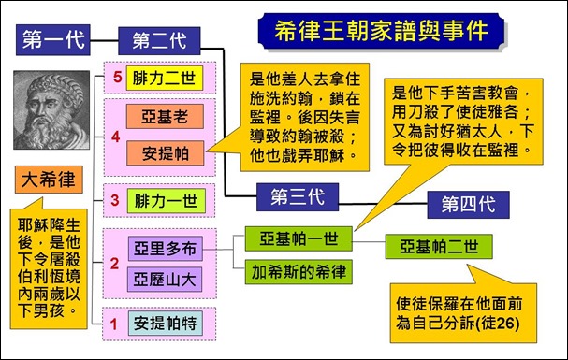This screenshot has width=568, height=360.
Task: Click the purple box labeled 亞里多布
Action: tap(166, 248)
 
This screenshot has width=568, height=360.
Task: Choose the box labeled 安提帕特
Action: tap(169, 324)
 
